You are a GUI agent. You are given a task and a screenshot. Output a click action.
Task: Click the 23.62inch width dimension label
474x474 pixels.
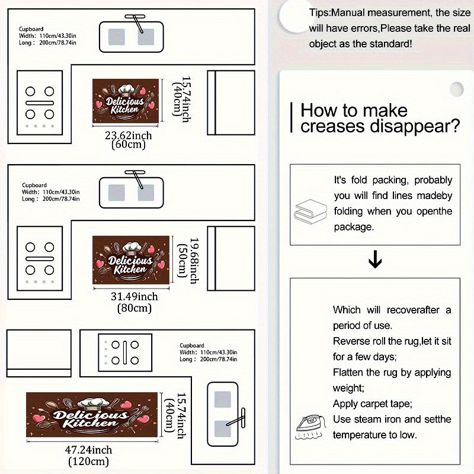[x=129, y=135]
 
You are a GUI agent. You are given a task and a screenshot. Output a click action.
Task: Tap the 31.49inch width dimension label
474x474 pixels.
[x=134, y=296]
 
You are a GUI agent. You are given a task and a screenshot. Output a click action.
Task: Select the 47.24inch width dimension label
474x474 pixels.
[x=88, y=450]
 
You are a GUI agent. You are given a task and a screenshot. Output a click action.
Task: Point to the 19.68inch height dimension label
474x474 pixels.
[x=194, y=261]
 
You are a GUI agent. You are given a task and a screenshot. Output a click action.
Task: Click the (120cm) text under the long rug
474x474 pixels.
[x=88, y=462]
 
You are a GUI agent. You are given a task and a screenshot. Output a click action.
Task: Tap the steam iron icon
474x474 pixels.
[x=310, y=427]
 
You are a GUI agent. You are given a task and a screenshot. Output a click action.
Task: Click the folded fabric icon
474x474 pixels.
[x=310, y=211]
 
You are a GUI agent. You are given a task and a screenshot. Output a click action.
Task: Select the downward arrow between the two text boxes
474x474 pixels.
[x=375, y=260]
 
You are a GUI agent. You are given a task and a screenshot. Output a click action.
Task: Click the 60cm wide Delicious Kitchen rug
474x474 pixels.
[x=126, y=101]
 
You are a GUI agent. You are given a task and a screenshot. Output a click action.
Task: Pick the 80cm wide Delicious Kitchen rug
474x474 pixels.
[x=131, y=260]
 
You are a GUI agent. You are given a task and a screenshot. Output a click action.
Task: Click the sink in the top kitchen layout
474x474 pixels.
[x=132, y=36]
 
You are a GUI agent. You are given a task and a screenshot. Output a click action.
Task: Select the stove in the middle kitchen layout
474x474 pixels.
[x=40, y=258]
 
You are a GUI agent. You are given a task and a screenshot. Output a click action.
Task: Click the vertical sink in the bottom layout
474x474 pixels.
[x=223, y=414]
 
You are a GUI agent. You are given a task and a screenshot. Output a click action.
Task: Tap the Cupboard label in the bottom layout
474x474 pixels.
[x=191, y=345]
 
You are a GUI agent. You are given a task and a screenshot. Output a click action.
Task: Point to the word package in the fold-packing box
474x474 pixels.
[x=354, y=227]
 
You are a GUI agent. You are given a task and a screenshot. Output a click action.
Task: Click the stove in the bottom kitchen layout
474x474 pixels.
[x=125, y=353]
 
